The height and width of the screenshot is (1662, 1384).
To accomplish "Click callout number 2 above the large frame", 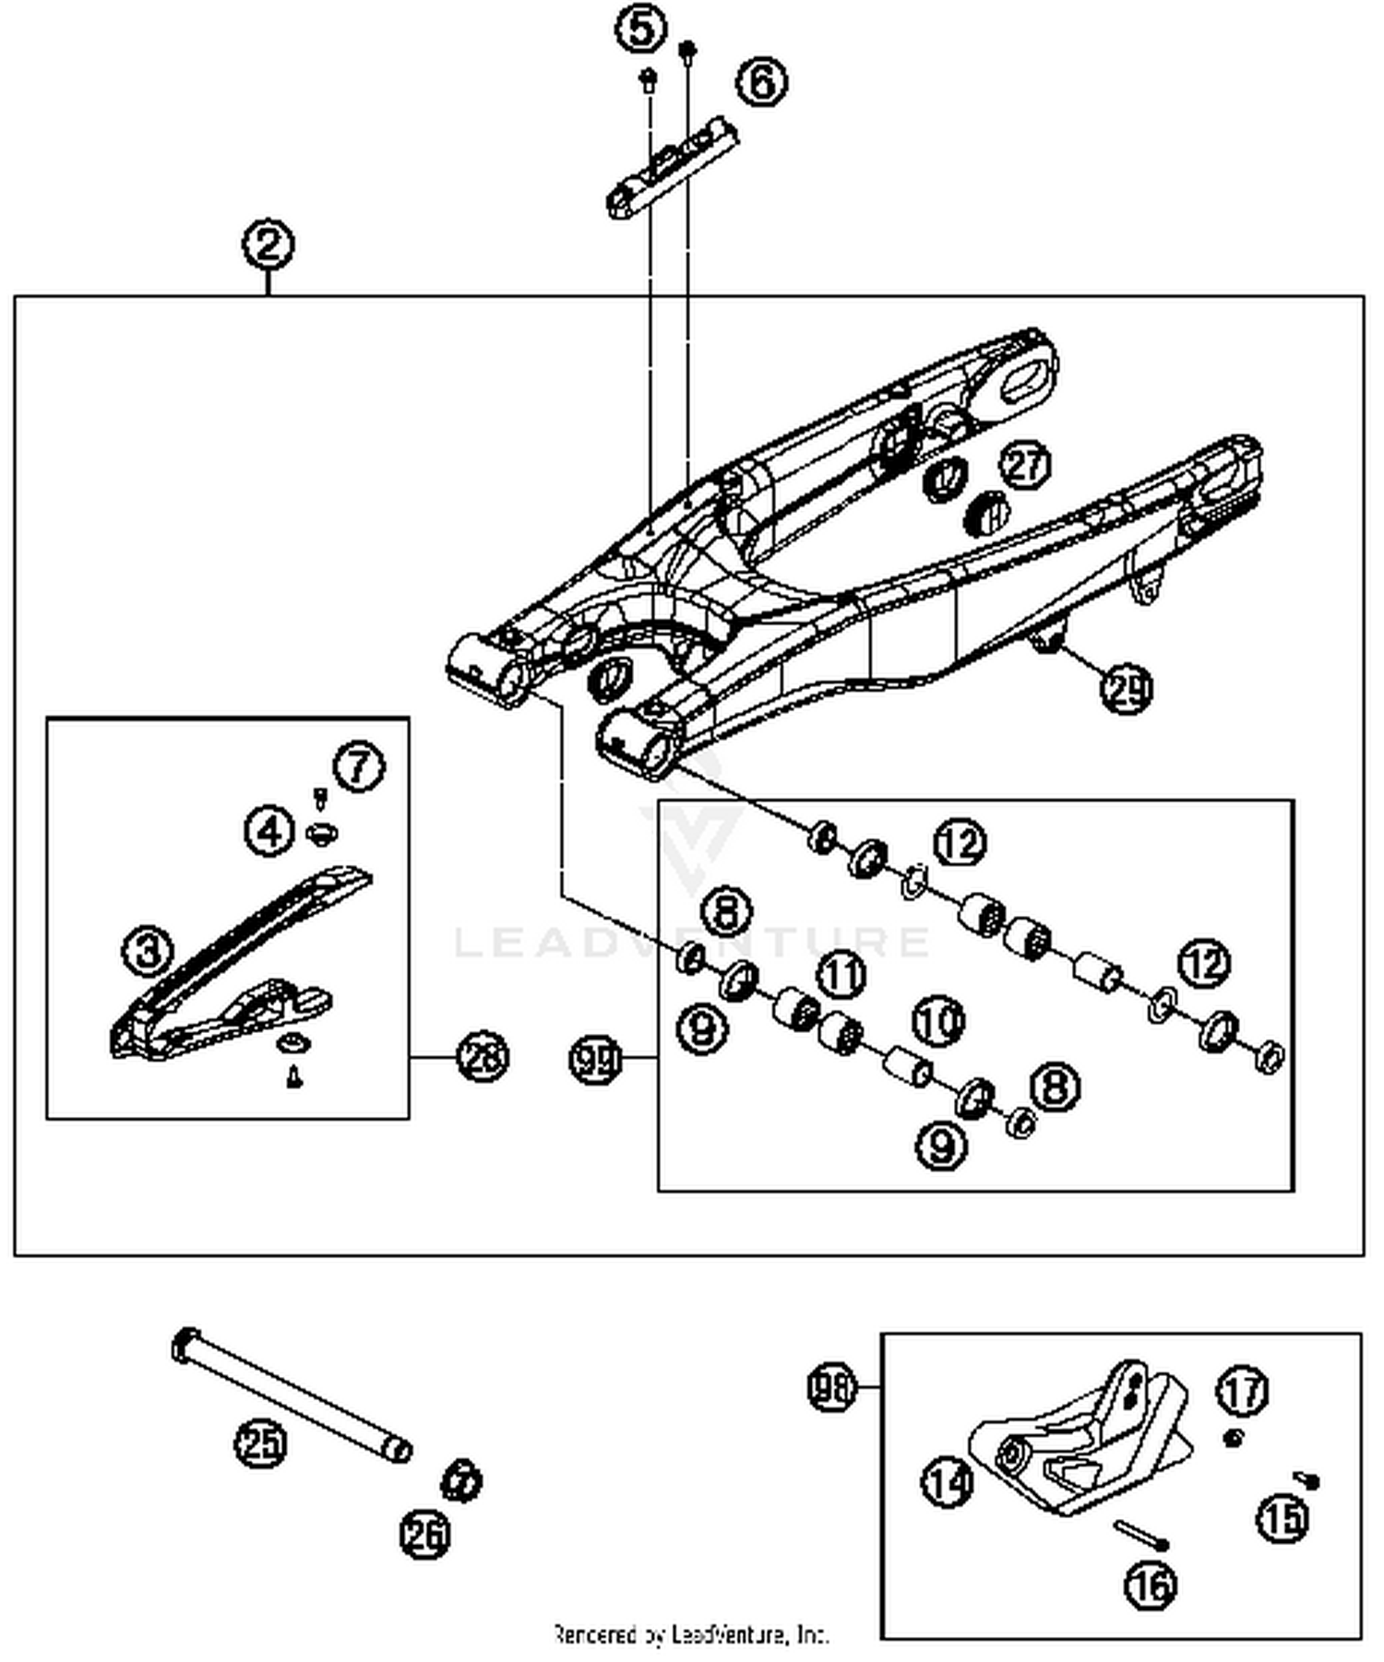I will [x=268, y=245].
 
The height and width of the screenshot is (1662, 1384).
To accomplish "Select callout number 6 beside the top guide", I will [x=761, y=82].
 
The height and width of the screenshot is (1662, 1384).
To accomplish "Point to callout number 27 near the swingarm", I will [x=1025, y=464].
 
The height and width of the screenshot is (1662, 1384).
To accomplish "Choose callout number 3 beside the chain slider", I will [x=149, y=949].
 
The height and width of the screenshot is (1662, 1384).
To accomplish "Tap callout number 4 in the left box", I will [x=268, y=831].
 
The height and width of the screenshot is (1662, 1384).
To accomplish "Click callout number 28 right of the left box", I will [x=483, y=1056].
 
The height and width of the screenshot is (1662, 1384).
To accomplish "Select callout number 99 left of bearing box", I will [x=595, y=1059].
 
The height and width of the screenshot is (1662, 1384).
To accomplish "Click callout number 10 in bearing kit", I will [x=938, y=1021].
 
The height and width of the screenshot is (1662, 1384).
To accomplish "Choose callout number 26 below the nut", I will [x=425, y=1535].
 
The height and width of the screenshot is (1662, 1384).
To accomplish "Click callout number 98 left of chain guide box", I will [x=831, y=1386].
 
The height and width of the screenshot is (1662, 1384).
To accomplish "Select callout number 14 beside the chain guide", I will [x=948, y=1482].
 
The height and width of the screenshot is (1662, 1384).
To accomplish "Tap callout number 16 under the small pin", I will [x=1150, y=1585].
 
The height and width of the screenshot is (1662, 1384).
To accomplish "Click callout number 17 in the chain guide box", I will [x=1243, y=1391].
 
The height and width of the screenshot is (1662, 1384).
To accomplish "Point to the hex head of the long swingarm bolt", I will [x=185, y=1346].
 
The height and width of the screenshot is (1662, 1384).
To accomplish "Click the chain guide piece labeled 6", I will [x=674, y=166].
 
